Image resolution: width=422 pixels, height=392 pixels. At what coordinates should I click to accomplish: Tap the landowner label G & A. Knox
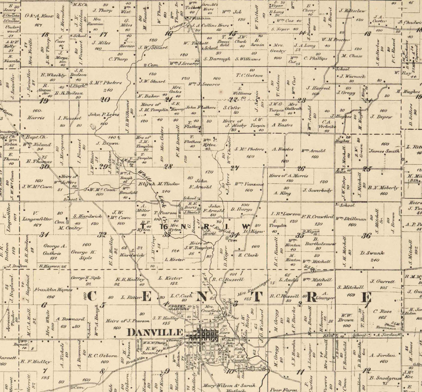[x=39, y=16]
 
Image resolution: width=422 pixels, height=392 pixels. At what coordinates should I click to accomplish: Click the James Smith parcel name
[x=384, y=151]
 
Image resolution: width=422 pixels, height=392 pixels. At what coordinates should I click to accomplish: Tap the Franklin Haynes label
[x=53, y=290]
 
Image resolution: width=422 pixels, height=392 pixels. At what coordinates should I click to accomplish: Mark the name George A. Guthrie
[x=55, y=250]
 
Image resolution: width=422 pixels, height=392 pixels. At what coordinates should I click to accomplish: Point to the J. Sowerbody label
[x=317, y=191]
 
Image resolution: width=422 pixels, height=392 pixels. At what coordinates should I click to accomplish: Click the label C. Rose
[x=382, y=311]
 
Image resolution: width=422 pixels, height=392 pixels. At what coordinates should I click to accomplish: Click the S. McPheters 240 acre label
[x=106, y=83]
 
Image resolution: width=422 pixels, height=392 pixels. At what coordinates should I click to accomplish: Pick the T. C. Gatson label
[x=249, y=75]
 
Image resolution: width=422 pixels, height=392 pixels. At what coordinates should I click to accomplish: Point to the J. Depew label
[x=381, y=117]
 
